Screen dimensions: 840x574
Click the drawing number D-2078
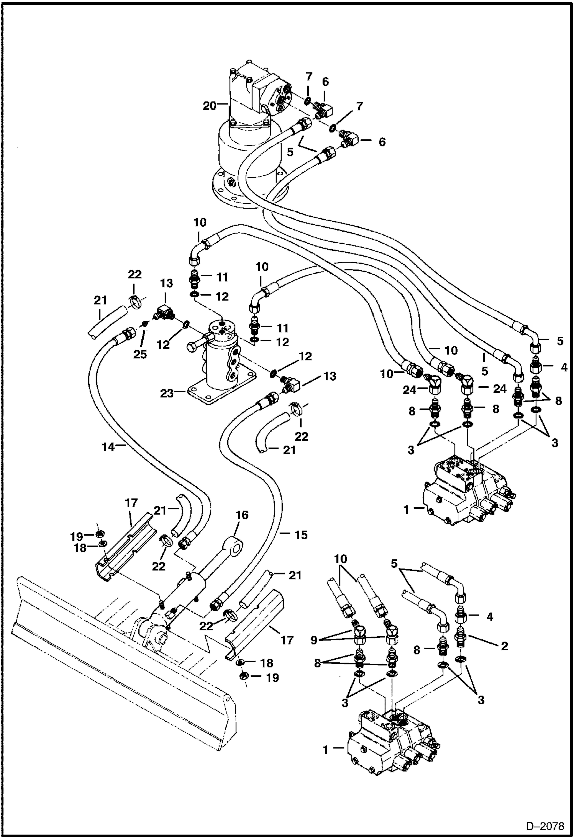pos(544,826)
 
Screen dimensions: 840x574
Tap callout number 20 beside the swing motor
pos(210,106)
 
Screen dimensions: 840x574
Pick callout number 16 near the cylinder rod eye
pos(242,515)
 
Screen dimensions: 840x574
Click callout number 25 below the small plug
pos(140,354)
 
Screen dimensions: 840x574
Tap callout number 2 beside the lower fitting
pos(504,646)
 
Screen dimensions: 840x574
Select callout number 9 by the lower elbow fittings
pos(314,640)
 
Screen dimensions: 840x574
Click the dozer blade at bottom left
pos(115,651)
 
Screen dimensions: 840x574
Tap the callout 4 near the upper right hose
pos(563,367)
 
